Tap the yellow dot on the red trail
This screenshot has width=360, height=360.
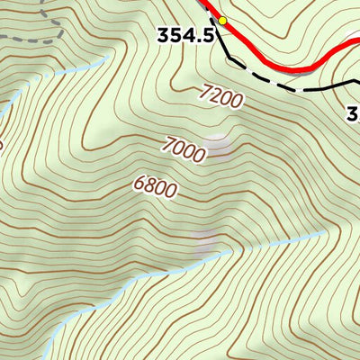(x=222, y=20)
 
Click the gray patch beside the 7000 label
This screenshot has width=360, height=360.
(x=216, y=144)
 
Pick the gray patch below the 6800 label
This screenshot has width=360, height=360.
(x=205, y=241)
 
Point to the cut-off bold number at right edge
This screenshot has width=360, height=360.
(x=353, y=113)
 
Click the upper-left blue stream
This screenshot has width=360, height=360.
(x=54, y=79)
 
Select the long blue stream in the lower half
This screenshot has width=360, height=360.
(x=180, y=266)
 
